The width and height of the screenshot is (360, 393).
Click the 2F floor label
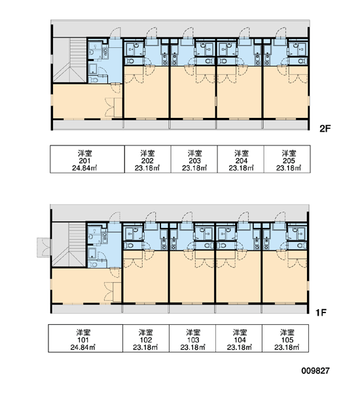tap(325, 129)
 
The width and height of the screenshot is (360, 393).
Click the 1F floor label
tap(321, 312)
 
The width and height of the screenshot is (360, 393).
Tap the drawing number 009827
tap(315, 371)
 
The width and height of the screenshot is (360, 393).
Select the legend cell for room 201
tap(88, 159)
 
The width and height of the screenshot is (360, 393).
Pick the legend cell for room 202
tap(148, 159)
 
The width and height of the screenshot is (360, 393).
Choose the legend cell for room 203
tap(194, 159)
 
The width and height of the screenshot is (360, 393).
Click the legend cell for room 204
tap(240, 159)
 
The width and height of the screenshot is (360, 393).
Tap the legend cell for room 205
tap(287, 159)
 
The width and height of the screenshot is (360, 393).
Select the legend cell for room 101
tap(86, 339)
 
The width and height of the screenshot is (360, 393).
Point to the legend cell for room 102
tap(146, 339)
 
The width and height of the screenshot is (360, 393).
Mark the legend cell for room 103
tap(192, 339)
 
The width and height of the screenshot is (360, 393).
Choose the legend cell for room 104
tap(239, 339)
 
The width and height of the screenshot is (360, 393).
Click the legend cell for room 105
tap(285, 339)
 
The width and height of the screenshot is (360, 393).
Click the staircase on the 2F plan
tap(70, 60)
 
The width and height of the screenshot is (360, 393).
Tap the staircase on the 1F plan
tap(69, 245)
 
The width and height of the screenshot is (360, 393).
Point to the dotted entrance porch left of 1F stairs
tap(43, 247)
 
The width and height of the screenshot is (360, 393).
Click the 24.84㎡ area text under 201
tap(84, 168)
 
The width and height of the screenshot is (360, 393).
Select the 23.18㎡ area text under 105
tap(287, 347)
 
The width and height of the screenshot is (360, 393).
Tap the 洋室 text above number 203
tap(194, 153)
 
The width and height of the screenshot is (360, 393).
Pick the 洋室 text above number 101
tap(83, 333)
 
